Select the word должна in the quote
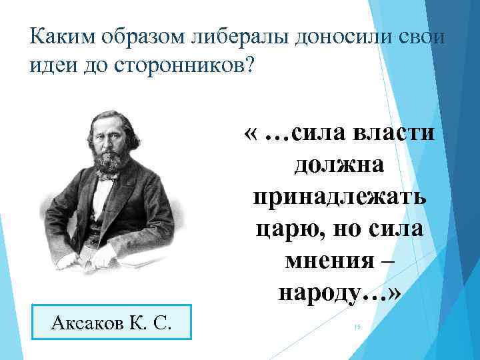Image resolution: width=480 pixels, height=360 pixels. (339, 164)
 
